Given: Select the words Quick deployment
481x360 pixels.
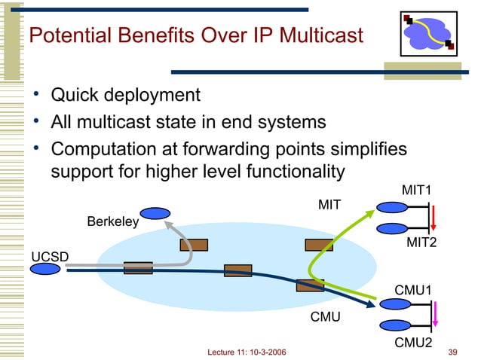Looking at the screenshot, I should click(x=125, y=96).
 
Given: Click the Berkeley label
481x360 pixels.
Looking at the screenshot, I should click(x=113, y=222).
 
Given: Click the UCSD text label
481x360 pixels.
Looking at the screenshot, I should click(x=49, y=257).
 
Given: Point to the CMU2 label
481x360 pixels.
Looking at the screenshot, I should click(x=414, y=343).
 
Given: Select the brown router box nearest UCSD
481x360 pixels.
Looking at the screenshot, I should click(x=138, y=268).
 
